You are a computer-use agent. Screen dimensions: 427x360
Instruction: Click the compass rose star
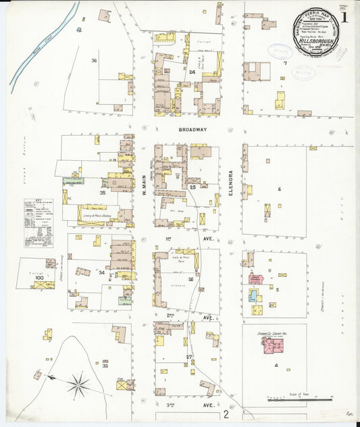click(x=78, y=385)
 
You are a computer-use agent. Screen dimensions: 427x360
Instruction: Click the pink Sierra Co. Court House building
click(x=273, y=346)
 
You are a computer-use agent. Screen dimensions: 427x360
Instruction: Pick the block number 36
click(x=95, y=61)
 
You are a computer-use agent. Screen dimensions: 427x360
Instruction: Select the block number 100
click(x=39, y=278)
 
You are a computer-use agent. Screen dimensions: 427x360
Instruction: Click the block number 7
click(x=285, y=64)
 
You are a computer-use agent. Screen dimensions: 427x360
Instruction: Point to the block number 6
click(x=279, y=189)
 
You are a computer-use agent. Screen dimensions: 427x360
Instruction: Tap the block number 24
click(x=192, y=71)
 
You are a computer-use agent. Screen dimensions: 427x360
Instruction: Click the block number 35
click(x=103, y=193)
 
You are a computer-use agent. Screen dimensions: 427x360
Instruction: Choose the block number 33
click(x=105, y=366)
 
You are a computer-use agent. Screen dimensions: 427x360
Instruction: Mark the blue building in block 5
click(x=253, y=295)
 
